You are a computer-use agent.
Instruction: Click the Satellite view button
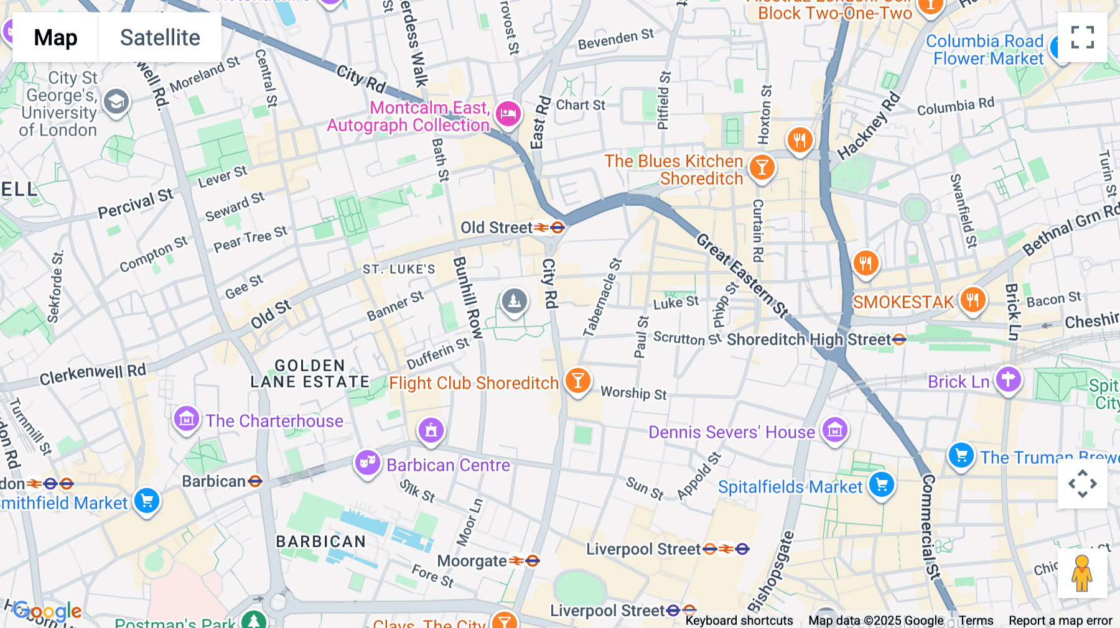click(x=160, y=37)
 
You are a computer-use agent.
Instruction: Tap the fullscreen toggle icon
click(x=1082, y=37)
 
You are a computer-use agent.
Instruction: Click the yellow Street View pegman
click(x=1082, y=573)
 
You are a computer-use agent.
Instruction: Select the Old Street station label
click(x=497, y=228)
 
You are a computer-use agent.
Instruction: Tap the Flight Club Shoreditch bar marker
click(x=577, y=380)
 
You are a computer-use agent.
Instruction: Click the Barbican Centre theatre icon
click(x=368, y=463)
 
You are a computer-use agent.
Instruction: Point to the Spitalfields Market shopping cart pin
click(x=882, y=484)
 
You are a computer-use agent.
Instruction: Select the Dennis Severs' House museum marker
click(x=834, y=430)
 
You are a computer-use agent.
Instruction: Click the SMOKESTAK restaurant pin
click(x=973, y=300)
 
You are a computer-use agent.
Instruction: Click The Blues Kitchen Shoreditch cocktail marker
click(x=762, y=167)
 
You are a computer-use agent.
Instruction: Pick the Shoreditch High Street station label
click(x=809, y=339)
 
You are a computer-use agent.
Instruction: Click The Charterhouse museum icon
click(x=186, y=419)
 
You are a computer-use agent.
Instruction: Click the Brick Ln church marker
click(x=1008, y=379)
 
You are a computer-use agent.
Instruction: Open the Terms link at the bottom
click(x=976, y=620)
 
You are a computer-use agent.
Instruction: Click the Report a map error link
click(x=1060, y=620)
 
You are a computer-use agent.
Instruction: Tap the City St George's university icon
click(x=116, y=101)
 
